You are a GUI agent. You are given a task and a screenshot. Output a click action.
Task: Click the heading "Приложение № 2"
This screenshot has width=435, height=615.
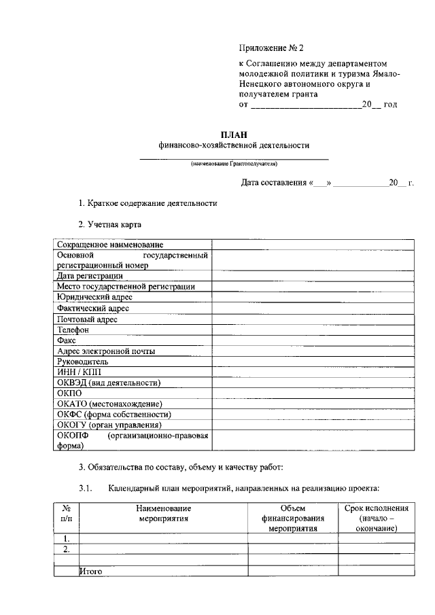click(272, 48)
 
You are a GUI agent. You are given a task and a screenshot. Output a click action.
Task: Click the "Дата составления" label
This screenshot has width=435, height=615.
click(275, 183)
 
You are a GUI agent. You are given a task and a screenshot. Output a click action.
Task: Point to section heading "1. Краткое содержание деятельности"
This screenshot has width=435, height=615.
click(147, 203)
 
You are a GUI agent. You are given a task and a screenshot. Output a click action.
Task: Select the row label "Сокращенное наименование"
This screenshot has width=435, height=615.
click(110, 244)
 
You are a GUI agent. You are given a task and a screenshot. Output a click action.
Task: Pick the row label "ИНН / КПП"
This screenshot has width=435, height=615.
click(79, 372)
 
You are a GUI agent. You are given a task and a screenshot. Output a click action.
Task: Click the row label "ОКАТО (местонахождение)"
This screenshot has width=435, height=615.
click(110, 404)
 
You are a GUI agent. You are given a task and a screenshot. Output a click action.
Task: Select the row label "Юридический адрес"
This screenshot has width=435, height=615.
click(95, 297)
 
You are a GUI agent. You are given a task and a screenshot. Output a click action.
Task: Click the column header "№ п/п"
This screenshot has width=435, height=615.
click(67, 513)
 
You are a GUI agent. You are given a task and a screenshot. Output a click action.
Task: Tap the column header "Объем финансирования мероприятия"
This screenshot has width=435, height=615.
click(293, 518)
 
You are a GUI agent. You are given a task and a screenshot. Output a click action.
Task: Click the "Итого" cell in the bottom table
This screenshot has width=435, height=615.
click(91, 572)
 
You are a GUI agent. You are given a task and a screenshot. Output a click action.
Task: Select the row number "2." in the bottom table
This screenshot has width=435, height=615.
click(66, 549)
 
